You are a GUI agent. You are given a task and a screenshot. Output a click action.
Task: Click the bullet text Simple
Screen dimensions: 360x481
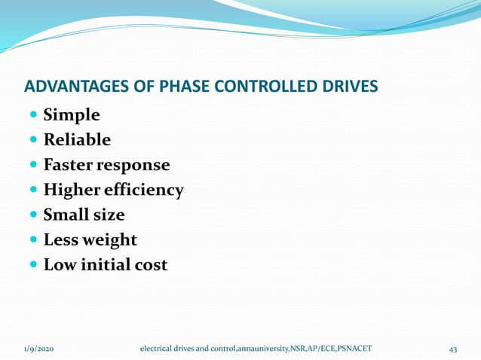click(72, 115)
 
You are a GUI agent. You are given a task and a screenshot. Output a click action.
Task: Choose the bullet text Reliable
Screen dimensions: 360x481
click(77, 140)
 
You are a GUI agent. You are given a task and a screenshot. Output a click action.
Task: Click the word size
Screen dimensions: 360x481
click(109, 215)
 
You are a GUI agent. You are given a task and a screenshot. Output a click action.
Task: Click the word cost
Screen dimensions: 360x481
click(151, 264)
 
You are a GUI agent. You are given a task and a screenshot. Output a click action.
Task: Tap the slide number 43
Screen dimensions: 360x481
click(453, 349)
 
